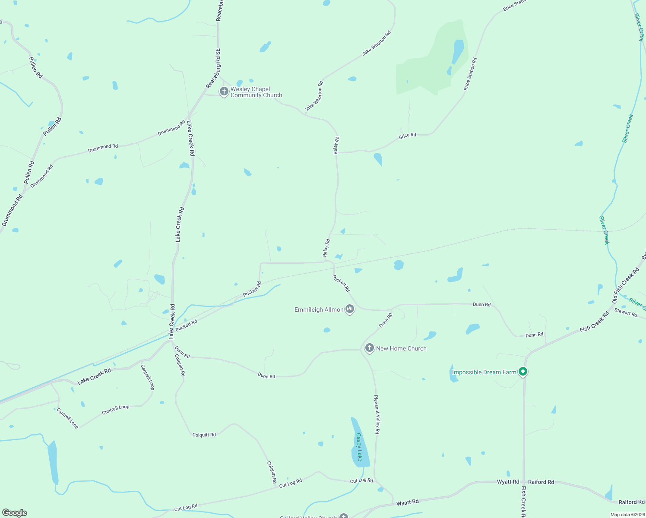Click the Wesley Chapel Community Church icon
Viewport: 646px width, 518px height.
click(224, 92)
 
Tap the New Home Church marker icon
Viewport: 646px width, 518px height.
click(369, 348)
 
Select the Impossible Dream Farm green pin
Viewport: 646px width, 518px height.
click(523, 371)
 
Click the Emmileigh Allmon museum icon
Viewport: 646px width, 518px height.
click(350, 309)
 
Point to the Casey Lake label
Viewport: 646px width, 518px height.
click(359, 447)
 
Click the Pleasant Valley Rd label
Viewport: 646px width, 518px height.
click(377, 414)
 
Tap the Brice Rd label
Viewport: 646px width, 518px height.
click(407, 136)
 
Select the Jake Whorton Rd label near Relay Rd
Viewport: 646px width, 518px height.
click(314, 96)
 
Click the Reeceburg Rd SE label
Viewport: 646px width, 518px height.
click(213, 68)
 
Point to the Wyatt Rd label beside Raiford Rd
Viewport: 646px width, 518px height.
click(508, 482)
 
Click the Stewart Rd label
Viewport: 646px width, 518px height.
click(626, 312)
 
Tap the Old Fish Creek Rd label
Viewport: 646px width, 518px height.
click(626, 285)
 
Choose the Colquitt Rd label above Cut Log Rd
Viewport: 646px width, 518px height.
click(272, 472)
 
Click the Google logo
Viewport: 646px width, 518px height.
click(15, 513)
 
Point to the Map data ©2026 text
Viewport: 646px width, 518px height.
click(627, 515)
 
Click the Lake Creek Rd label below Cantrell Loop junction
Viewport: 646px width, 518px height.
click(94, 376)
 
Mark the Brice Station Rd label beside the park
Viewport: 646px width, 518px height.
click(470, 74)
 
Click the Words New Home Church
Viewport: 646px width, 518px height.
click(401, 348)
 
